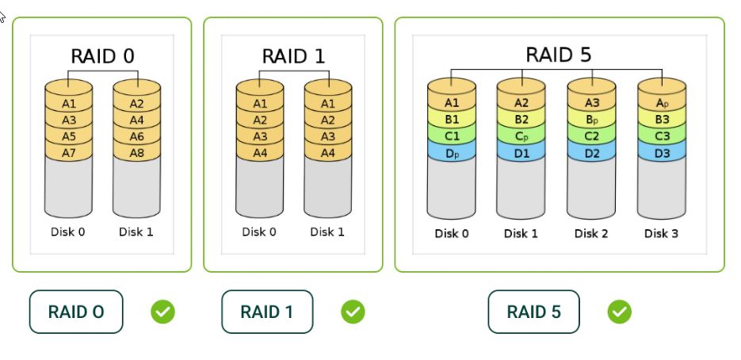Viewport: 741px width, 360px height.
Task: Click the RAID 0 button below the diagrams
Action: [76, 312]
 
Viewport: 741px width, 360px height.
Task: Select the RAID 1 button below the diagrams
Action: [267, 312]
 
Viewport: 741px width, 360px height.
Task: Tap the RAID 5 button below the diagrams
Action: [533, 312]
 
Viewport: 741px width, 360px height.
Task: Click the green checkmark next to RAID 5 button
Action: [619, 312]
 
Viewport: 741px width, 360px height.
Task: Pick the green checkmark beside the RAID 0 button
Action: [162, 312]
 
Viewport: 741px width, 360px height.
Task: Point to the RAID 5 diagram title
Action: [558, 55]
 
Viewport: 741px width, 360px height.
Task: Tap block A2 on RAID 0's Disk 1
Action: [136, 103]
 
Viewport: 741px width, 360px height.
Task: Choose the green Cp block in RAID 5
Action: [521, 135]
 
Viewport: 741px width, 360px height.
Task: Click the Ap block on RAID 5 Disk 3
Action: [662, 102]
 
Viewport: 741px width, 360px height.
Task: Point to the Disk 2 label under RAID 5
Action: [591, 233]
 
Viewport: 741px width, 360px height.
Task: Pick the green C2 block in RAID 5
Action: [591, 135]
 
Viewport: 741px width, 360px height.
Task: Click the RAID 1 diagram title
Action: [293, 57]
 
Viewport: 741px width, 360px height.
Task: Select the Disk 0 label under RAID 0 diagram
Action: [68, 232]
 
